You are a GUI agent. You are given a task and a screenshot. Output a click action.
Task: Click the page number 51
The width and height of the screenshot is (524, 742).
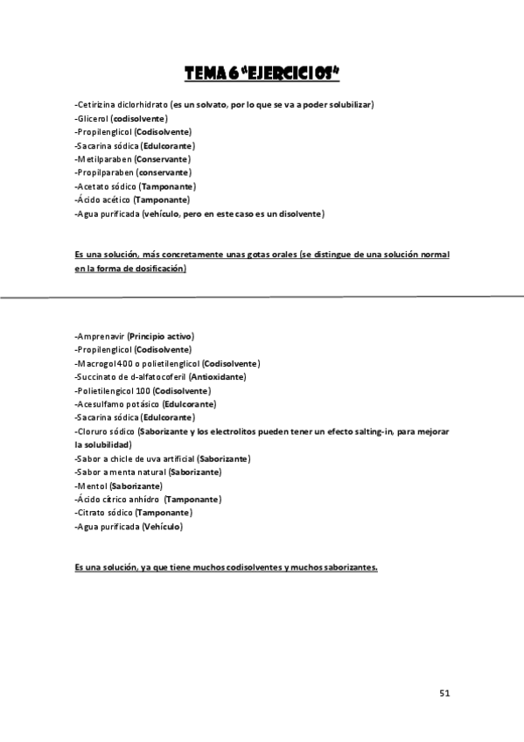444,693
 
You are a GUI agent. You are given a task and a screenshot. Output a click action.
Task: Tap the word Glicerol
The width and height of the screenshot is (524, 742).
94,118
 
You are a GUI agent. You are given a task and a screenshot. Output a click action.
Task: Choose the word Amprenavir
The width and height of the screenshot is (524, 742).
101,336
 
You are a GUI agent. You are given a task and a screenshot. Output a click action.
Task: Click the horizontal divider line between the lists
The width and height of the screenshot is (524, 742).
262,297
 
